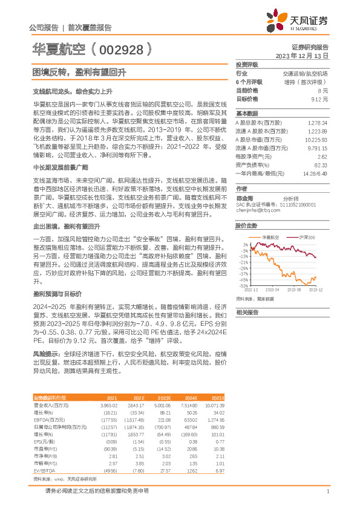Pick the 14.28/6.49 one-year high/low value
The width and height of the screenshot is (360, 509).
(315, 173)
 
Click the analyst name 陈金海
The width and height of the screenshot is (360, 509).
(244, 198)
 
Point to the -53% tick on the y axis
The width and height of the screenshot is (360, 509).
(243, 285)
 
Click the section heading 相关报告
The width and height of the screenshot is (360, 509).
(247, 312)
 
